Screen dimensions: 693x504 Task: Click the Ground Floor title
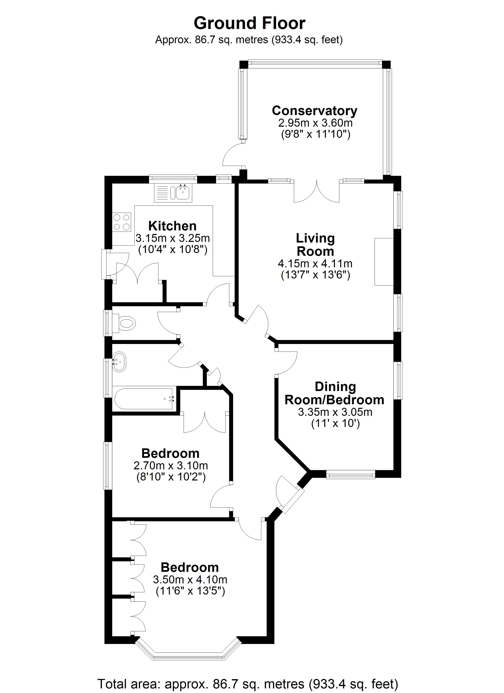(x=249, y=24)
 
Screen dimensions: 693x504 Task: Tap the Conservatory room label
(x=315, y=111)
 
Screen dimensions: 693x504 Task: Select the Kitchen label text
(x=172, y=226)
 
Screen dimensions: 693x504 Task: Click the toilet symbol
(x=125, y=323)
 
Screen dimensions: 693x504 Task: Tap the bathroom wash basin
(x=119, y=362)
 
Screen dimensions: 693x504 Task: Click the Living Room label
(x=315, y=245)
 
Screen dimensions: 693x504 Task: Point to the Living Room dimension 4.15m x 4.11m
(x=315, y=263)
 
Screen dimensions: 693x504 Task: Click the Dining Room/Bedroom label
(x=335, y=393)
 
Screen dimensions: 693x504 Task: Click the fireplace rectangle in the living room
(x=384, y=262)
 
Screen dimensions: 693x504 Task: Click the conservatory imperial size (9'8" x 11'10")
(x=315, y=134)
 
